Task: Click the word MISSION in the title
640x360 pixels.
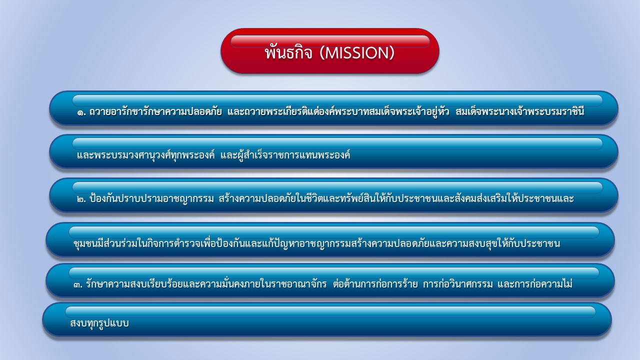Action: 356,53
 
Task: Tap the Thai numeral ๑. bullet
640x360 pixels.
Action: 81,112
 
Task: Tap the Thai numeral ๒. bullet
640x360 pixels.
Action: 81,199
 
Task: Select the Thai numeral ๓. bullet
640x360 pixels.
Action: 78,285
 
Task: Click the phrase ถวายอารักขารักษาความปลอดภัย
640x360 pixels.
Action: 155,111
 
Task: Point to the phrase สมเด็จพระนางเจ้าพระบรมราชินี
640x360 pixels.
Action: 520,111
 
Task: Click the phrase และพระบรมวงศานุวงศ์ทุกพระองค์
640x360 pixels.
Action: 145,155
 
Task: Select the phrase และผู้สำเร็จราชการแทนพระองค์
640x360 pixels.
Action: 285,155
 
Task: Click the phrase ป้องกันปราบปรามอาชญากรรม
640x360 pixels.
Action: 151,198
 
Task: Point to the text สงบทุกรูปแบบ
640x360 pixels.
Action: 99,323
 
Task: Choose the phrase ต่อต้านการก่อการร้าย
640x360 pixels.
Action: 375,283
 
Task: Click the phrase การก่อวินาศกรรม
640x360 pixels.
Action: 457,283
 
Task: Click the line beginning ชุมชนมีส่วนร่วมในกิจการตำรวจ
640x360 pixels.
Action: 316,243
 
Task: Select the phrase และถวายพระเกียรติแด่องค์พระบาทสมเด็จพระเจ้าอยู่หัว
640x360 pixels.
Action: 338,111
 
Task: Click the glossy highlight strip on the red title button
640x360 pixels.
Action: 330,41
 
